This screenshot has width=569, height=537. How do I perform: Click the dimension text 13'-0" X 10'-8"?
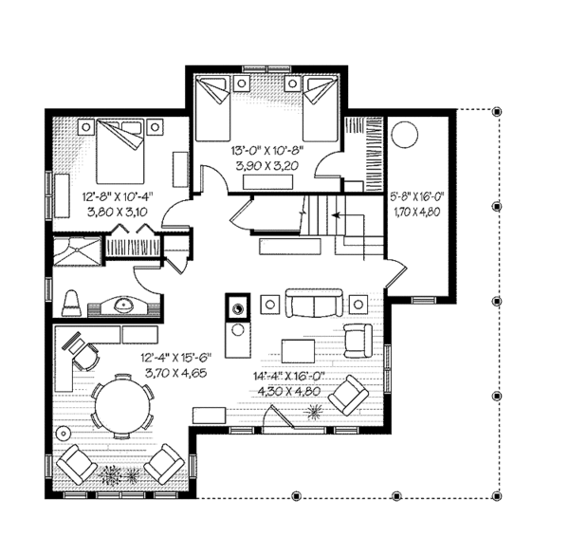coord(266,150)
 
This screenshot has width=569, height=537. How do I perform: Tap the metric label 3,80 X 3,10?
coord(118,212)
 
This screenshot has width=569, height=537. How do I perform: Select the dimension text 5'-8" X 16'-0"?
coord(417,197)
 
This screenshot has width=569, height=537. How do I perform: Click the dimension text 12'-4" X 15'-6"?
coord(176,358)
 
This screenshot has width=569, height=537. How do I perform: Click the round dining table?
coord(123,405)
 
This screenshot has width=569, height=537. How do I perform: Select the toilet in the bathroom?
coord(71,303)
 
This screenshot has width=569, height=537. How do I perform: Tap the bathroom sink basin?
coord(123,305)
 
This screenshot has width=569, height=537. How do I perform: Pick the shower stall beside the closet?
coord(77,250)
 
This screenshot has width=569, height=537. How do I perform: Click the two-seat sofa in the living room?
coord(314,304)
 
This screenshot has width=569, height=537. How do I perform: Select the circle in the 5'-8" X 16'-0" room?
coord(405,134)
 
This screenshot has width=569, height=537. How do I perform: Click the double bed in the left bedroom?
coord(119,152)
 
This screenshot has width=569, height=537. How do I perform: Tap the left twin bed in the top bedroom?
coord(212,108)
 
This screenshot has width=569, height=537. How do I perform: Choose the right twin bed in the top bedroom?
coord(321,108)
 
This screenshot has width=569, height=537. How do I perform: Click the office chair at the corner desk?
coord(86,358)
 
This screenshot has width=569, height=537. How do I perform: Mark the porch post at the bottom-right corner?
coord(497,495)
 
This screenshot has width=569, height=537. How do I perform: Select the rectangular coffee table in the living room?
coord(299,351)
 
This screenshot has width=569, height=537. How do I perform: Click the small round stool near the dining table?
coord(64,433)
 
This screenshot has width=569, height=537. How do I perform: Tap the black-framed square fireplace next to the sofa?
coord(238,308)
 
